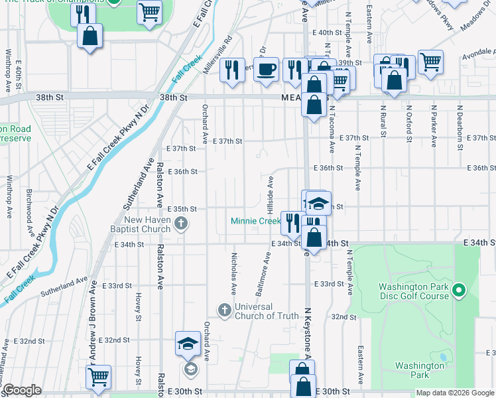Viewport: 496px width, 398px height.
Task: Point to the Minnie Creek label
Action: pyautogui.click(x=255, y=221)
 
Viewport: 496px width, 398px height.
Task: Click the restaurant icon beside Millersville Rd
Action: pyautogui.click(x=231, y=70)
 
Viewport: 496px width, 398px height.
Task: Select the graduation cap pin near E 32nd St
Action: pyautogui.click(x=188, y=344)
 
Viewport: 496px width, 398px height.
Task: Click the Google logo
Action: pyautogui.click(x=22, y=390)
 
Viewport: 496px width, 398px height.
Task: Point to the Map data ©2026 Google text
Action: pyautogui.click(x=454, y=393)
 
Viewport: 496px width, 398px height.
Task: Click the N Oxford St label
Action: pyautogui.click(x=408, y=125)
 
